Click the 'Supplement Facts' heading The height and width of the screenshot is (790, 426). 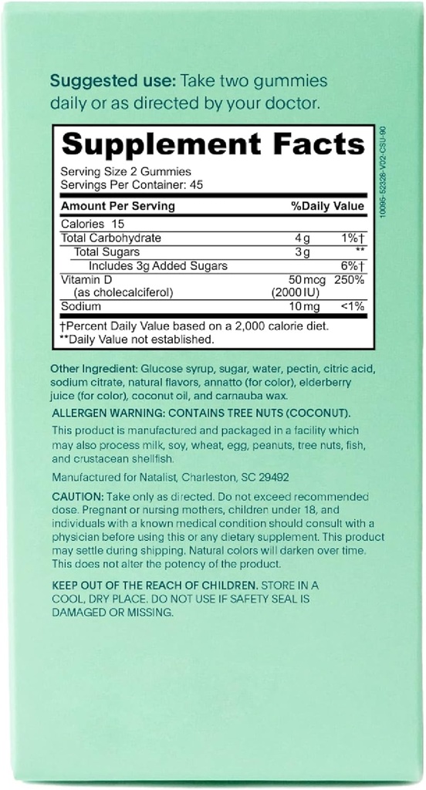pos(212,144)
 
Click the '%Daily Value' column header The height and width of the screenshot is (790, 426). pos(326,207)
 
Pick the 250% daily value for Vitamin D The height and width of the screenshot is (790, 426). pos(349,279)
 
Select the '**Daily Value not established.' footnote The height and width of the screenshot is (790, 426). pos(136,339)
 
